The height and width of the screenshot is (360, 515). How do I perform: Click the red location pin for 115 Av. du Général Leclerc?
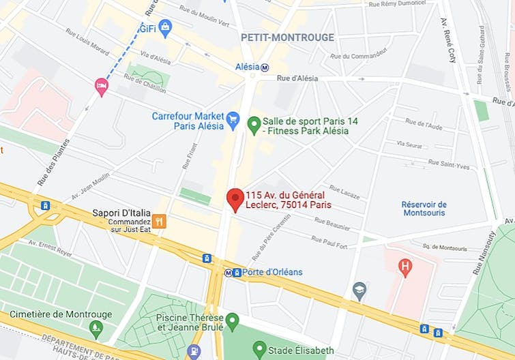pos(235,199)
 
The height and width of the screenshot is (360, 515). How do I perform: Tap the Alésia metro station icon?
pos(265,67)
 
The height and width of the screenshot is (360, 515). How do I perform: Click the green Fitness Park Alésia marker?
pos(254,124)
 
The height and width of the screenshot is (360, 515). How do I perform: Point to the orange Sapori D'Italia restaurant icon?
pos(159,221)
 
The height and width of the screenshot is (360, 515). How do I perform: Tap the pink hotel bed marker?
pos(102,86)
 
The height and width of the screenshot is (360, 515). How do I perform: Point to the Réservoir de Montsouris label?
pos(424,209)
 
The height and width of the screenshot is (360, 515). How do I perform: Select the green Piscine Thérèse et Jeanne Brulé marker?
pos(233,320)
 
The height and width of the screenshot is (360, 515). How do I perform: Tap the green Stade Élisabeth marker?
pos(259,350)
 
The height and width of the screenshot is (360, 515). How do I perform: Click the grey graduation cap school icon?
pos(359,291)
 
